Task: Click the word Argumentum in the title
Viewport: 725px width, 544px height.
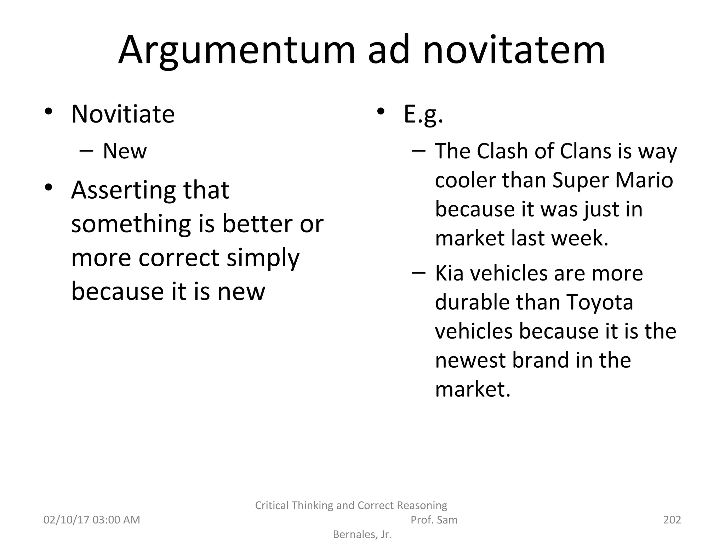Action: tap(236, 50)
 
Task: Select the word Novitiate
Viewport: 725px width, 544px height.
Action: tap(123, 114)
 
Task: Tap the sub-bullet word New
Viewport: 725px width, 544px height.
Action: tap(125, 151)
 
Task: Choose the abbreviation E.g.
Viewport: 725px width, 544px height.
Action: tap(423, 115)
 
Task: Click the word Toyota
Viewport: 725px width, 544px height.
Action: tap(600, 302)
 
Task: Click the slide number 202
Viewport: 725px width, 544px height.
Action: tap(672, 520)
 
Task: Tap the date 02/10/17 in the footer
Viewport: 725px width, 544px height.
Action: tap(65, 520)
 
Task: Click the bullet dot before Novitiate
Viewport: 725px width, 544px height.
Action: tap(48, 112)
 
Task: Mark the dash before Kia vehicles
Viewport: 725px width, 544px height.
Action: tap(418, 273)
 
